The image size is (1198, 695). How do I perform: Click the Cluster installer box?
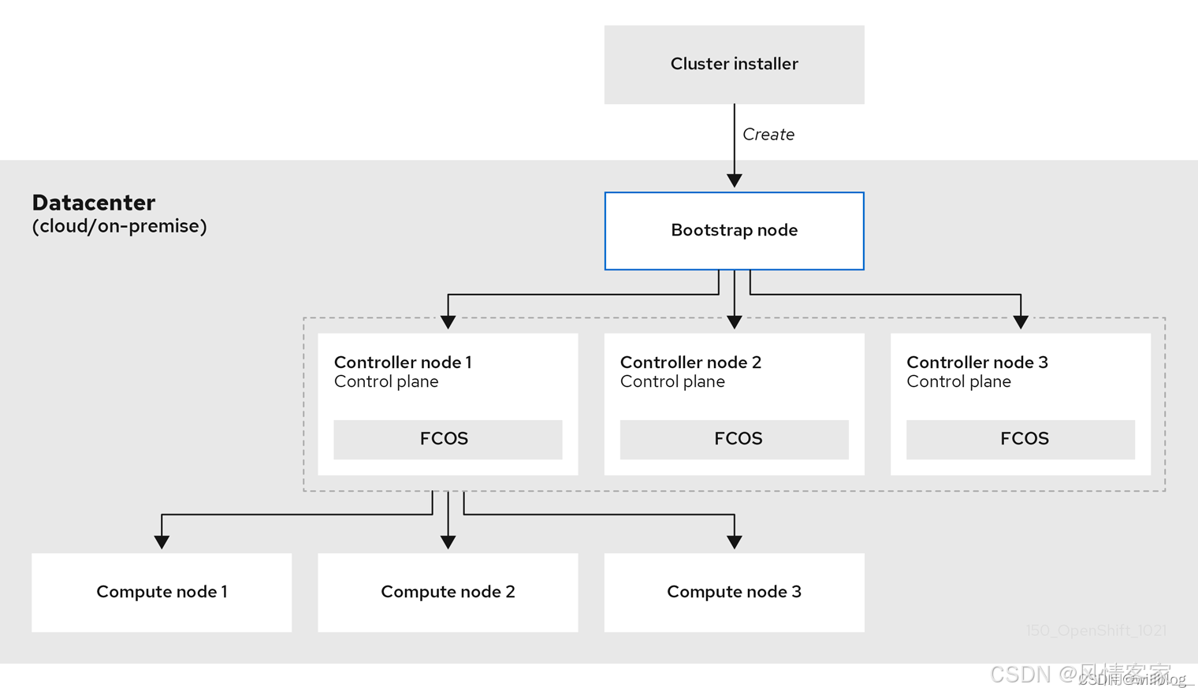point(734,65)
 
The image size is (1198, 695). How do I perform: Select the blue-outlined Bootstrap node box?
point(734,231)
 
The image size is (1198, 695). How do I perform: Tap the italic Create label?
point(768,135)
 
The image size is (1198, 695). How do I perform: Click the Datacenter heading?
point(94,203)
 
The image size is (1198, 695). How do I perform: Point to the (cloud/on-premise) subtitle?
point(119,226)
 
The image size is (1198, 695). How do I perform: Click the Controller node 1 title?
point(403,362)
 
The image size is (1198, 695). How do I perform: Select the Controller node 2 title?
point(690,362)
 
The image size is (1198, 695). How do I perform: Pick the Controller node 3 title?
point(977,362)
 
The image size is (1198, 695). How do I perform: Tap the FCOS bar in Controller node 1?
point(447,439)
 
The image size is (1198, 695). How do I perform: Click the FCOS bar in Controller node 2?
point(734,439)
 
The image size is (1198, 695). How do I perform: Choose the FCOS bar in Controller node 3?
point(1020,439)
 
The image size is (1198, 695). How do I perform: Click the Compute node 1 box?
point(162,592)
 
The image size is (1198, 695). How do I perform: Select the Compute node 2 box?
point(448,592)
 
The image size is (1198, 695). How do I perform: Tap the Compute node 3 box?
point(734,592)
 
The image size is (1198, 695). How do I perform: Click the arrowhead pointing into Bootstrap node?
point(735,180)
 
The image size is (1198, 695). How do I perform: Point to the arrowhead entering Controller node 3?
point(1021,321)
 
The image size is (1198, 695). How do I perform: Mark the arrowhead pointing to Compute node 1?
point(162,542)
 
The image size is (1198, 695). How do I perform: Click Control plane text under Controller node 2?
point(672,382)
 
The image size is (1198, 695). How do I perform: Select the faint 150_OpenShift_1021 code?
point(1096,630)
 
